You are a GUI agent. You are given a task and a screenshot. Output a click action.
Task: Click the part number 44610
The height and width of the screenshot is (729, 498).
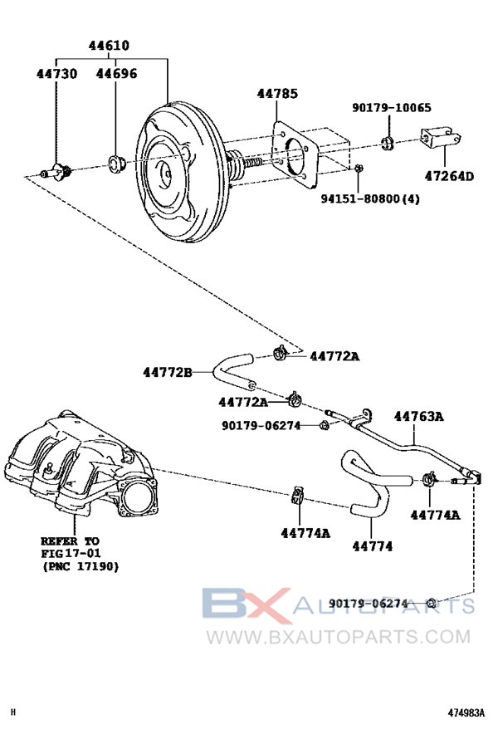coord(112,46)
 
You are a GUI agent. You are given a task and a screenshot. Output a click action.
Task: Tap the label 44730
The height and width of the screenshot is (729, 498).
coord(56,74)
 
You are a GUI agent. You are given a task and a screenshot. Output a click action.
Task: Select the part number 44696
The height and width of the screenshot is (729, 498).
coord(116,74)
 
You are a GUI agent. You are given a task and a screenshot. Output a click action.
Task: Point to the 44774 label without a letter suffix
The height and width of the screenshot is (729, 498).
coord(372,546)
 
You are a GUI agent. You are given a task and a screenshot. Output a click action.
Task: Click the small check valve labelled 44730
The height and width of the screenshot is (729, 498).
coord(59,172)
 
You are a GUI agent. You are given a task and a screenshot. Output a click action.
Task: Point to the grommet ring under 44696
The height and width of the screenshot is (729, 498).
coord(115,160)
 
